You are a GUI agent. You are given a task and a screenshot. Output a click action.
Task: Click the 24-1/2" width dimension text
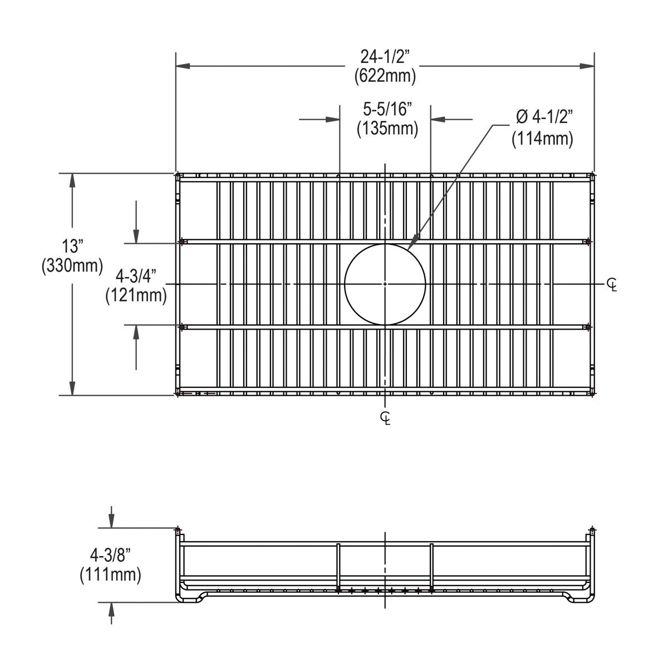(x=385, y=57)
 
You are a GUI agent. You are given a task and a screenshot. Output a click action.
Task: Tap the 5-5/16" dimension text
(x=387, y=109)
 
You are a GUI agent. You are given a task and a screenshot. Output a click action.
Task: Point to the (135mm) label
(x=387, y=129)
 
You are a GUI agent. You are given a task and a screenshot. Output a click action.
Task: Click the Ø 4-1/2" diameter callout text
(x=544, y=117)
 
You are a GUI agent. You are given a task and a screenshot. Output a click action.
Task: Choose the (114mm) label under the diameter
(x=542, y=137)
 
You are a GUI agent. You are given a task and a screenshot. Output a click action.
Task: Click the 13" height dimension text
(x=72, y=246)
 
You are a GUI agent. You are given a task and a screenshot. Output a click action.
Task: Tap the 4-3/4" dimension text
(x=136, y=276)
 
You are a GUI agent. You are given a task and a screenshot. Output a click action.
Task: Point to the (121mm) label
(x=136, y=295)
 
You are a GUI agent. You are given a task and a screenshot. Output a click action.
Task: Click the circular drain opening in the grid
(x=385, y=284)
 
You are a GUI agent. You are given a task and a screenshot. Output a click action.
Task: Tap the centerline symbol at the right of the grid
(x=612, y=284)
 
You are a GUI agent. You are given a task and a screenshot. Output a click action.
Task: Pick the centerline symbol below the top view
(x=385, y=417)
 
